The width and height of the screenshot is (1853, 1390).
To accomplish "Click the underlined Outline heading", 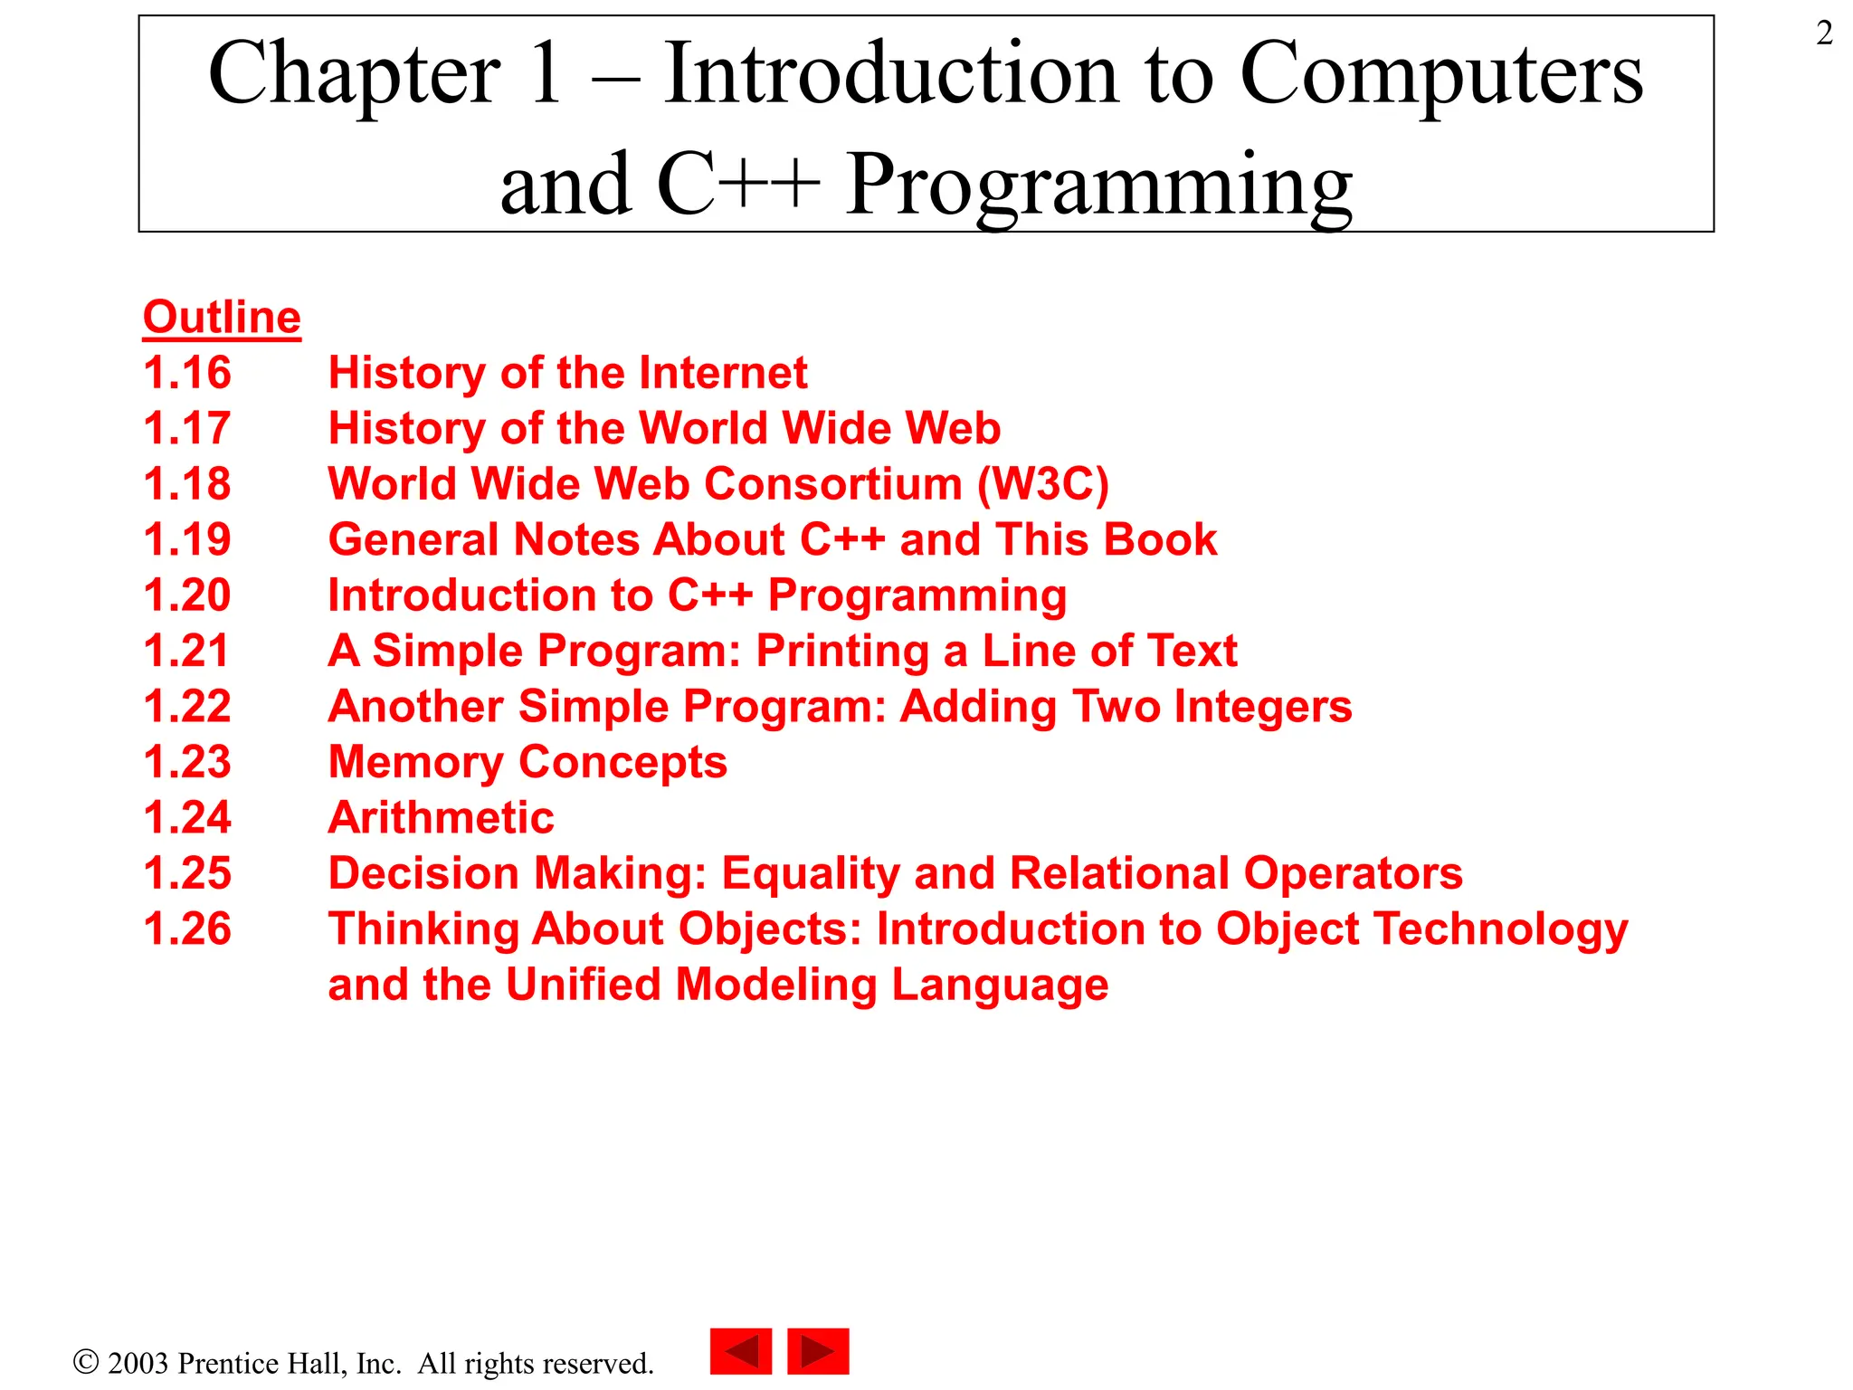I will pos(222,318).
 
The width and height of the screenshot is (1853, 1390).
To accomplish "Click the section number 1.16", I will pos(187,373).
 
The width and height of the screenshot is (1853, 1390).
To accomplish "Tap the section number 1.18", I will pos(187,484).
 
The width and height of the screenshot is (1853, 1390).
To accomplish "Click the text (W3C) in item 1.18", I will pos(1042,484).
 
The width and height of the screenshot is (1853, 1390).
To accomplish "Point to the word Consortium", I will pos(832,484).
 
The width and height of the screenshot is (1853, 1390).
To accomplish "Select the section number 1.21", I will pos(187,651).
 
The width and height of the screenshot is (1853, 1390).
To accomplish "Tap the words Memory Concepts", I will pos(527,763).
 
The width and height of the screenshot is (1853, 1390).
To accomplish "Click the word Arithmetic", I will pos(441,818).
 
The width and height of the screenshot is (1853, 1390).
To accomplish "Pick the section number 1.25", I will pos(187,873).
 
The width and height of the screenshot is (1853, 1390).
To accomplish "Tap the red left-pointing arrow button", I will pos(741,1352).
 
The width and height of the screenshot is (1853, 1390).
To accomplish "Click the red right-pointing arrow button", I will pos(818,1352).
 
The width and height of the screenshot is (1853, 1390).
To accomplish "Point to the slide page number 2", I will pos(1824,33).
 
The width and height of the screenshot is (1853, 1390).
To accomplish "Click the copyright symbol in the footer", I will pos(85,1362).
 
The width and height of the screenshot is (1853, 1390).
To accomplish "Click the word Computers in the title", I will pos(1440,74).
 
